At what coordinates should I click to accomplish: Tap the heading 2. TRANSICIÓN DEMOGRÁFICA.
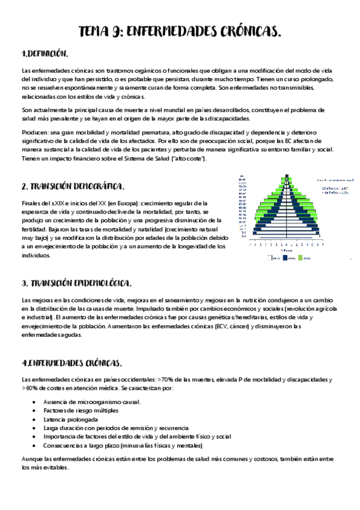coord(73,186)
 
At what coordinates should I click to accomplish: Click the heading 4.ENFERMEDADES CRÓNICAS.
coord(72,363)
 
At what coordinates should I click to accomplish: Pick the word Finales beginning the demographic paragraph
coord(32,203)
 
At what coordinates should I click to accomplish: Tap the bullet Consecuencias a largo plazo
coord(123,446)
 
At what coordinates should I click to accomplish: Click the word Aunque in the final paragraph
coord(32,459)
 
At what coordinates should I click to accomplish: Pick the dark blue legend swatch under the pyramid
coord(284,258)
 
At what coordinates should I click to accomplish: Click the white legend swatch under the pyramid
coord(270,258)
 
